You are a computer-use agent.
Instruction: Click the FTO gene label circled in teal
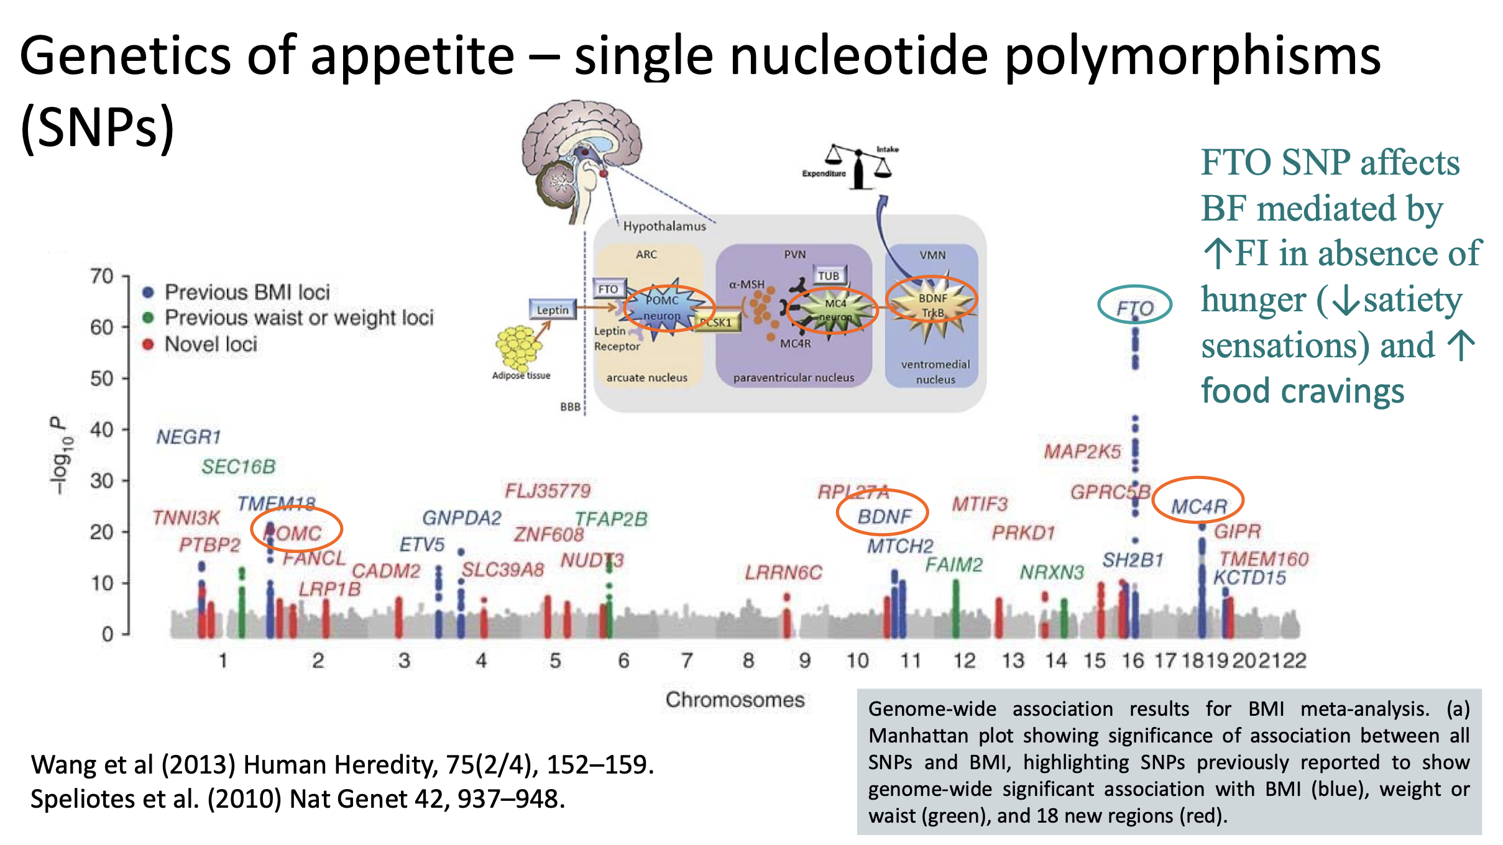(x=1134, y=308)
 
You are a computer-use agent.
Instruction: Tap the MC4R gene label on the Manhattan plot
(x=1198, y=506)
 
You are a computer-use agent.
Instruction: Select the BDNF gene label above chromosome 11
(x=884, y=516)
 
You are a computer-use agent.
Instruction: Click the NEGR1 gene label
(x=188, y=437)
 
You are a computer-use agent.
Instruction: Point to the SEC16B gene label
(x=238, y=467)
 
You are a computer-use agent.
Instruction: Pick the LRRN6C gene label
(x=783, y=572)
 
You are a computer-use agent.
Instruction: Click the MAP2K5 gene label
(x=1082, y=452)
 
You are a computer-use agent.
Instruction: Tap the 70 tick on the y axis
(x=102, y=276)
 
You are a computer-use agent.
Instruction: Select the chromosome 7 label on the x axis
(x=686, y=660)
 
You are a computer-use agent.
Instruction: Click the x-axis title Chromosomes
(x=735, y=700)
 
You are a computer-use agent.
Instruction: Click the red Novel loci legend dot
(x=148, y=344)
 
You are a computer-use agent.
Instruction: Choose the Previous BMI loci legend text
(x=247, y=292)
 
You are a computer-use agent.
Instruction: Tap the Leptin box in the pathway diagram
(x=553, y=309)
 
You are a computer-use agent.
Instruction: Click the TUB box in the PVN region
(x=828, y=275)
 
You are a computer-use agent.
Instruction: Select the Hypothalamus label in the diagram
(x=664, y=226)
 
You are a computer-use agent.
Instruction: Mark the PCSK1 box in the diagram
(x=717, y=322)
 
